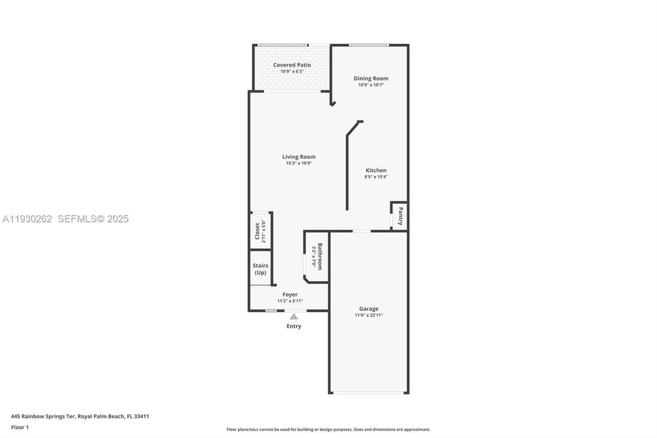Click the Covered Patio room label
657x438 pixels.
pyautogui.click(x=292, y=64)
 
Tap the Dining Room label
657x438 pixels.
pyautogui.click(x=371, y=78)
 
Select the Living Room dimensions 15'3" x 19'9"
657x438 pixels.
pyautogui.click(x=298, y=163)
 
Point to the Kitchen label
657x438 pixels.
pyautogui.click(x=376, y=170)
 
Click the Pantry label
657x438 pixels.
pyautogui.click(x=400, y=216)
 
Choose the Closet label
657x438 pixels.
pyautogui.click(x=256, y=231)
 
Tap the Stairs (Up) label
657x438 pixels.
pyautogui.click(x=260, y=269)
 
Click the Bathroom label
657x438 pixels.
pyautogui.click(x=320, y=257)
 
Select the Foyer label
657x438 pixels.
pyautogui.click(x=290, y=294)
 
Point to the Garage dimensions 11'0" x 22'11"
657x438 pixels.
pyautogui.click(x=368, y=315)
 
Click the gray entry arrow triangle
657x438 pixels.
pyautogui.click(x=294, y=316)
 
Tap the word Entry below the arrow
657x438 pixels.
pyautogui.click(x=294, y=326)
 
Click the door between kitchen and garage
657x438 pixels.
pyautogui.click(x=362, y=231)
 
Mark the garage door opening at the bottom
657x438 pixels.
pyautogui.click(x=369, y=393)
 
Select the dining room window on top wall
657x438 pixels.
pyautogui.click(x=368, y=44)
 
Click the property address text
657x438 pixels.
pyautogui.click(x=80, y=416)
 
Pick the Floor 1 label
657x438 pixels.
pyautogui.click(x=19, y=427)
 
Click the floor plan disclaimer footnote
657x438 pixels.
pyautogui.click(x=328, y=429)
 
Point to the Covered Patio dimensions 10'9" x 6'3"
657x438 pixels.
pyautogui.click(x=292, y=72)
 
